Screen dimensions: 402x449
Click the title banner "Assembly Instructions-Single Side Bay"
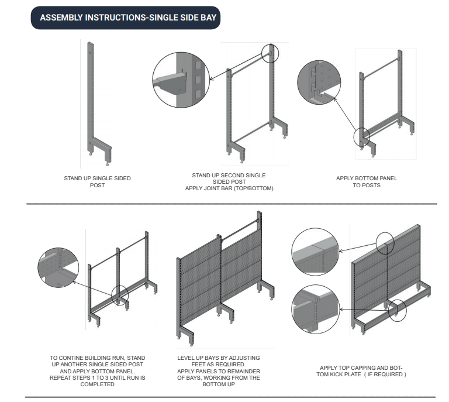(127, 18)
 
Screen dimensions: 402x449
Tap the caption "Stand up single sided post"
(97, 181)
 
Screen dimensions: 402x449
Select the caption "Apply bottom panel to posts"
(366, 181)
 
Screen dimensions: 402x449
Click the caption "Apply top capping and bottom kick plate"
(360, 371)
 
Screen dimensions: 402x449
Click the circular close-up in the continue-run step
(58, 271)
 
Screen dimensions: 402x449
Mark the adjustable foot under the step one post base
(91, 154)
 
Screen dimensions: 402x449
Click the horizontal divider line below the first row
(231, 204)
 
